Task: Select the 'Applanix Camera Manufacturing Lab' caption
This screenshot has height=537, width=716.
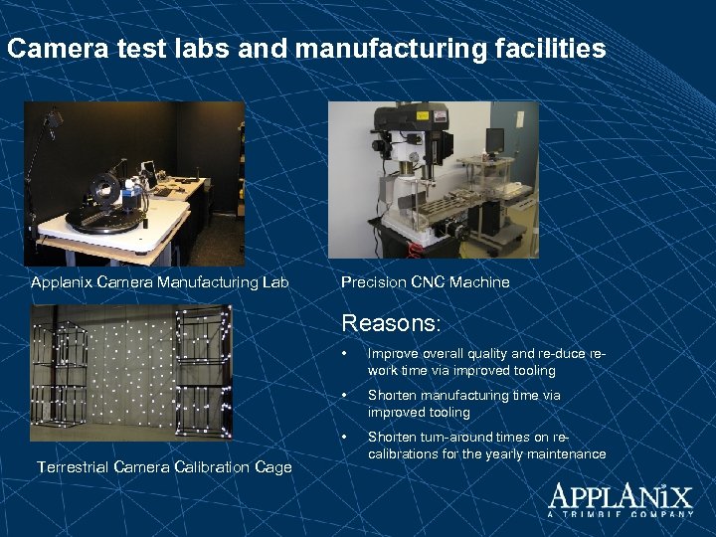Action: coord(160,282)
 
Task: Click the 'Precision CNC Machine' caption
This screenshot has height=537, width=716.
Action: coord(425,282)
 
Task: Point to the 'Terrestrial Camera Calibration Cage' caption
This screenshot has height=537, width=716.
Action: coord(164,467)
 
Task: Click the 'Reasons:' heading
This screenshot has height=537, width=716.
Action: coord(391,323)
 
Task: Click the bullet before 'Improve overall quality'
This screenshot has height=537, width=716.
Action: coord(343,353)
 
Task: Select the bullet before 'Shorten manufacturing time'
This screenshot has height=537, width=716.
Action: coord(343,395)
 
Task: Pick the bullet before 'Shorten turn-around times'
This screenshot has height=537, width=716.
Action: coord(343,437)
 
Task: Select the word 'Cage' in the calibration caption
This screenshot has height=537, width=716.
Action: coord(271,467)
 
